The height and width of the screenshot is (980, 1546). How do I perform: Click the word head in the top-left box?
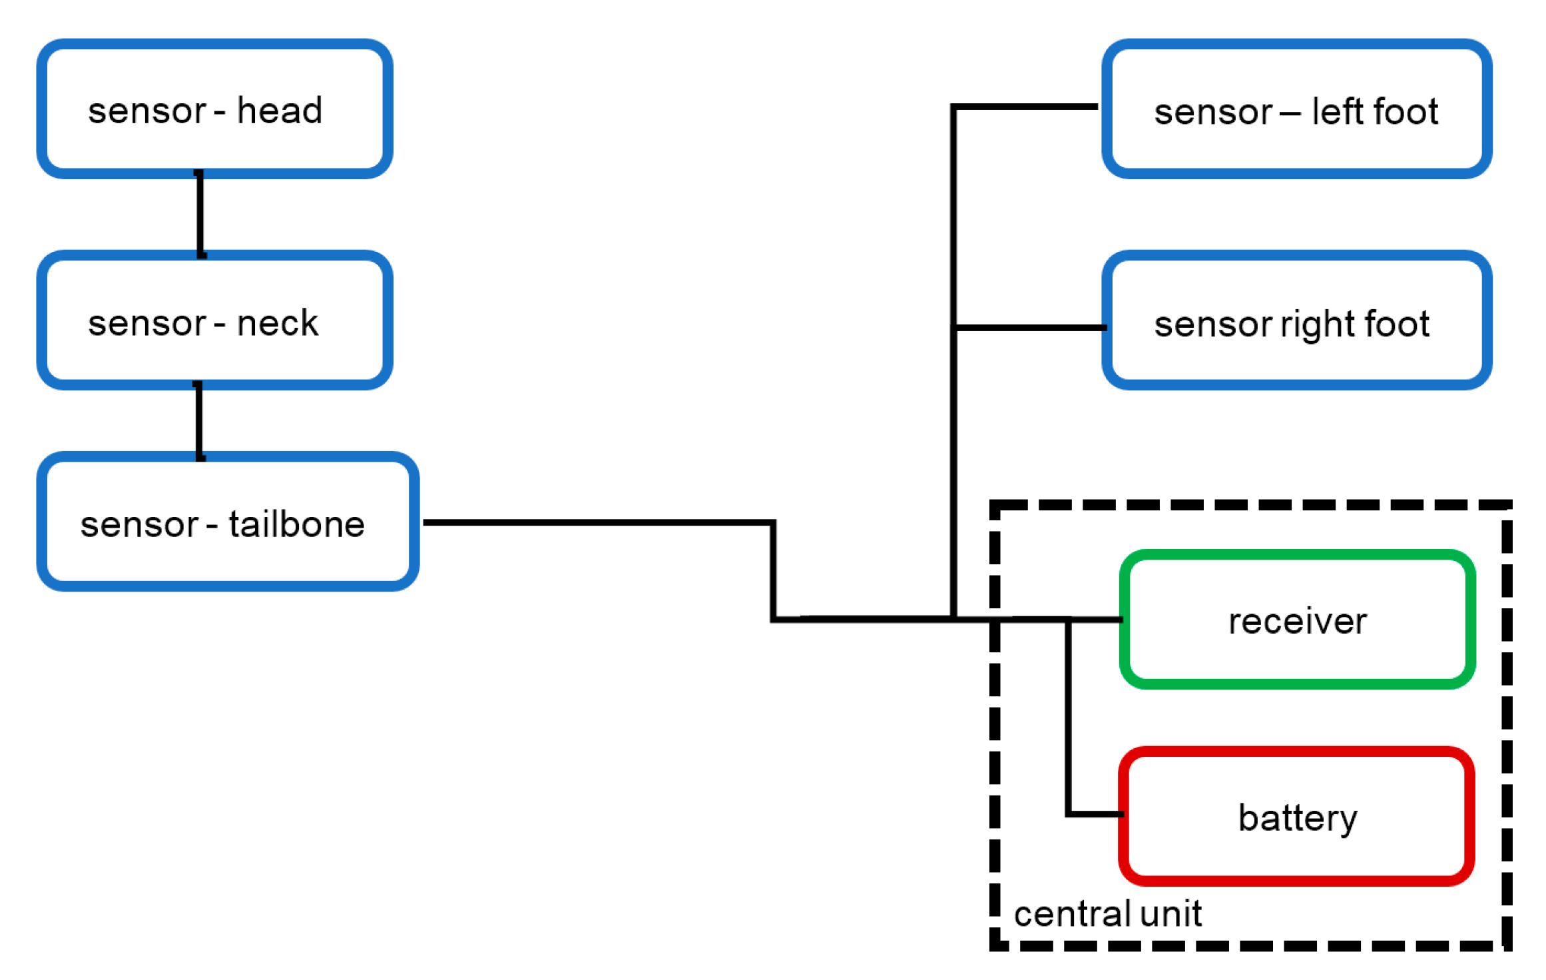pos(279,111)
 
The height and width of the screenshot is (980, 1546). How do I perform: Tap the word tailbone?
pos(296,524)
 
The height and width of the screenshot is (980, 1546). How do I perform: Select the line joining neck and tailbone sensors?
pos(199,421)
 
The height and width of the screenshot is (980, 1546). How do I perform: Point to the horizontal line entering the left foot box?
pos(1025,107)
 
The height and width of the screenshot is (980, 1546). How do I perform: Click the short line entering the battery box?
pos(1095,814)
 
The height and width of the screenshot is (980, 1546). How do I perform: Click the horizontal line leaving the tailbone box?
pos(599,522)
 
